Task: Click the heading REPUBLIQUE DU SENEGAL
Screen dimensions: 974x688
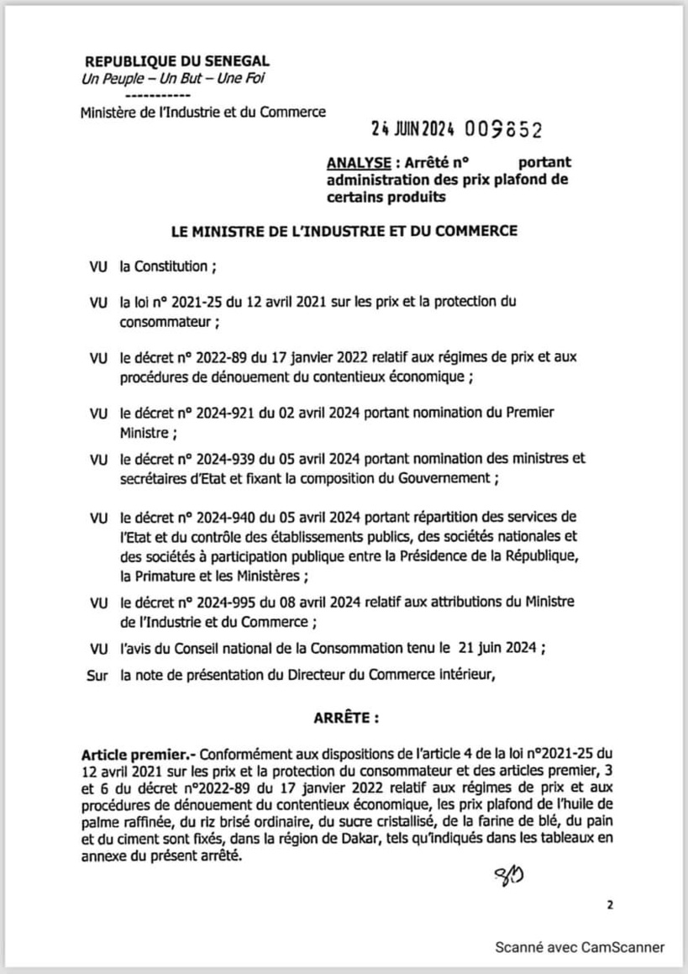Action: click(x=176, y=62)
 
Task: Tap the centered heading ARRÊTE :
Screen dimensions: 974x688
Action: click(x=345, y=719)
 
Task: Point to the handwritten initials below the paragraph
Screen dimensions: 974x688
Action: click(x=508, y=880)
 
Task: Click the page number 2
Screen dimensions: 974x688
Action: click(x=609, y=906)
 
